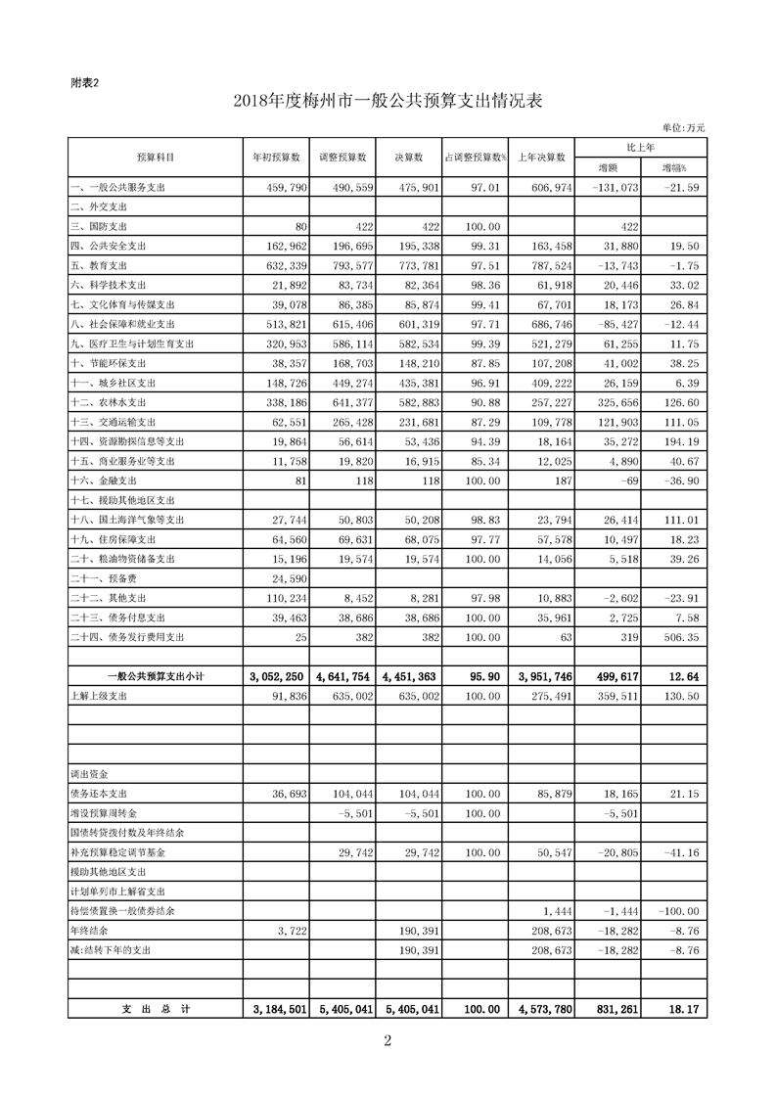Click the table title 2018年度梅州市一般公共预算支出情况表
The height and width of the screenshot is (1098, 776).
pyautogui.click(x=388, y=102)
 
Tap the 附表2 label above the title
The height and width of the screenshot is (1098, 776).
pyautogui.click(x=85, y=83)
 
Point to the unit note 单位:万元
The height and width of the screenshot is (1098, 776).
pyautogui.click(x=683, y=128)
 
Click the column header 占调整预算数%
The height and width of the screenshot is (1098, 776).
pyautogui.click(x=475, y=157)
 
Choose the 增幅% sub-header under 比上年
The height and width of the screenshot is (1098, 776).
pyautogui.click(x=674, y=167)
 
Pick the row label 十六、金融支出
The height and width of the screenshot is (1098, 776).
pyautogui.click(x=104, y=480)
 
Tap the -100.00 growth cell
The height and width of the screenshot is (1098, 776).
pyautogui.click(x=676, y=911)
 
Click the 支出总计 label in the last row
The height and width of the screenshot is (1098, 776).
pyautogui.click(x=156, y=1009)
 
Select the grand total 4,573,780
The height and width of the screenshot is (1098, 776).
pyautogui.click(x=543, y=1009)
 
